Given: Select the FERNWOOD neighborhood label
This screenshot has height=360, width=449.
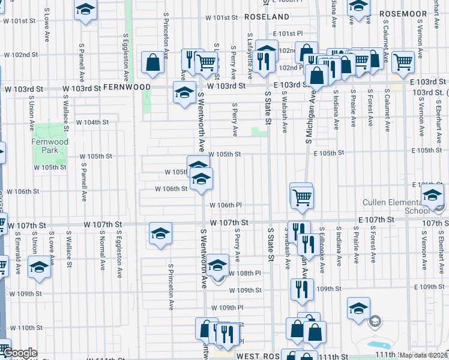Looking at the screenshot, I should click(x=127, y=87).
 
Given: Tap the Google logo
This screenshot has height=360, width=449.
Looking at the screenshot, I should click(x=20, y=353).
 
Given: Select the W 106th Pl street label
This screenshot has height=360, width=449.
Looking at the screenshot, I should click(x=225, y=205).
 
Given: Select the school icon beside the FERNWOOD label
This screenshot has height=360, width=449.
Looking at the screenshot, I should click(x=184, y=92).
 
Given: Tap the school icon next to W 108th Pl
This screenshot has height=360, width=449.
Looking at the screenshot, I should click(x=217, y=265).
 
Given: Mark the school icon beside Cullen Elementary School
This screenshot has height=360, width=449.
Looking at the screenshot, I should click(x=432, y=194).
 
